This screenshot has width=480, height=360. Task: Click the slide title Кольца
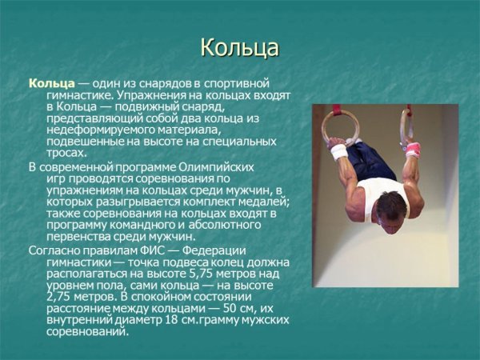(x=239, y=48)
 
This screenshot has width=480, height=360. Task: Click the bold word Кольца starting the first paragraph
(x=51, y=83)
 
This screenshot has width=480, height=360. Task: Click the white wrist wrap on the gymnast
(x=338, y=151)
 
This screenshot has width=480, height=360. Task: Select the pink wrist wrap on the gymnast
(x=412, y=149)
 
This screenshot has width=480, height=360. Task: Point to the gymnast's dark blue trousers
(x=372, y=160)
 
